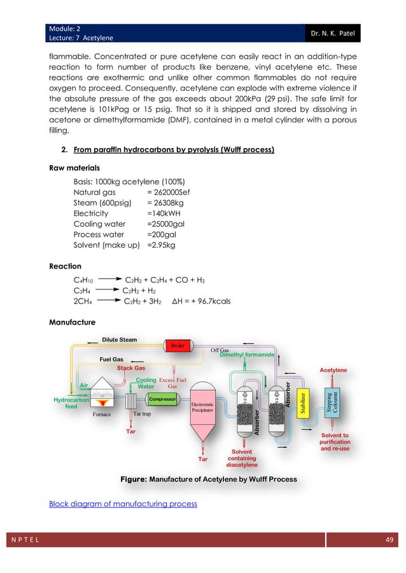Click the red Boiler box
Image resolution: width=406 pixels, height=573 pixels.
[177, 345]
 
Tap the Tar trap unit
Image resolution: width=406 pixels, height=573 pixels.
[132, 402]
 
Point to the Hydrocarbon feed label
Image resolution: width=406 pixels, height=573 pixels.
[71, 403]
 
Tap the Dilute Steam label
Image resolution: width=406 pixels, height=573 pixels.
[120, 339]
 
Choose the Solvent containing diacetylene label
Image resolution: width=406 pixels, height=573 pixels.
[242, 457]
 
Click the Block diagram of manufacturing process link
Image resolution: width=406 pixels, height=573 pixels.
[123, 504]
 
